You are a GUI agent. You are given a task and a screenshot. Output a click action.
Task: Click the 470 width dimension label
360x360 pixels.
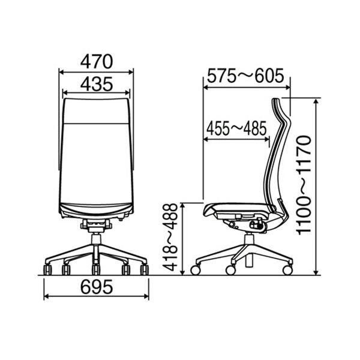click(x=97, y=62)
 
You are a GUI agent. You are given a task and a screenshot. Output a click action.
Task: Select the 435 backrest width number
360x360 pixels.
click(x=97, y=84)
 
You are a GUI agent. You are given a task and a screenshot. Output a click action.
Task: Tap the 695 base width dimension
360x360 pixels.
click(x=97, y=287)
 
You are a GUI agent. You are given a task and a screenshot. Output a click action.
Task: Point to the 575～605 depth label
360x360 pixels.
click(x=245, y=76)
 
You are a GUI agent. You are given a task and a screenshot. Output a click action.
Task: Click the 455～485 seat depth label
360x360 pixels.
click(x=236, y=128)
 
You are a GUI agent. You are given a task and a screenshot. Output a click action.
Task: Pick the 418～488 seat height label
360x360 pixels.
click(x=170, y=238)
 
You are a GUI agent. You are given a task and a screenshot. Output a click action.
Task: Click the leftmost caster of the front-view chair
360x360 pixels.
click(x=47, y=269)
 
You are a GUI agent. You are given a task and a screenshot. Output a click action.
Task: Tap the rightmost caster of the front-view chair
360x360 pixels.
click(x=145, y=269)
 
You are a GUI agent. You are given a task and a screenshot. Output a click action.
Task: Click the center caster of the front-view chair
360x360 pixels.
click(x=96, y=269)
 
